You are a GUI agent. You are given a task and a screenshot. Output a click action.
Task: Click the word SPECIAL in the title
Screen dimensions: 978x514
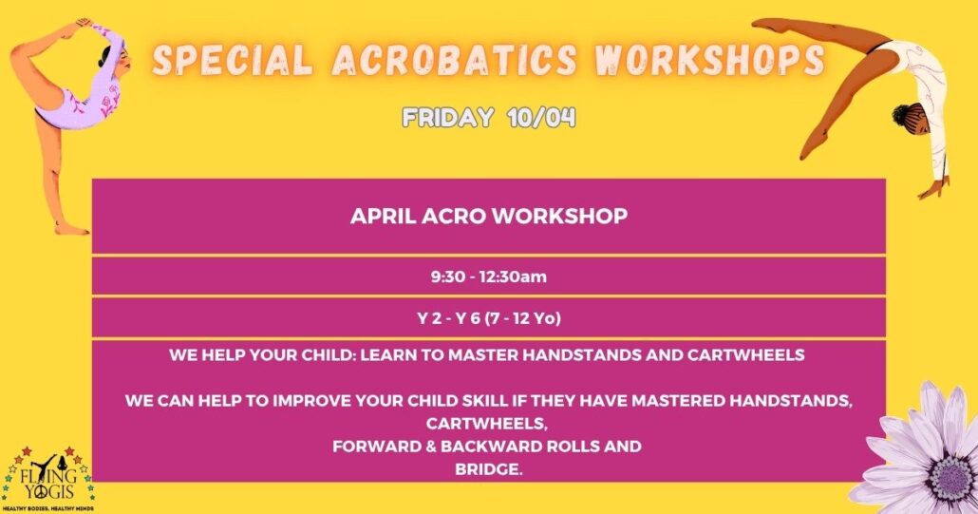(233, 61)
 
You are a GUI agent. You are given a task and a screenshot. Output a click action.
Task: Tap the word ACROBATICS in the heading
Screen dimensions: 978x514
(454, 61)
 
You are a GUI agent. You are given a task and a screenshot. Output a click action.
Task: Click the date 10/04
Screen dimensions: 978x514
(541, 117)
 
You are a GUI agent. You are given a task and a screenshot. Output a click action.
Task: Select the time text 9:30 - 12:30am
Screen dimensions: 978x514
(488, 276)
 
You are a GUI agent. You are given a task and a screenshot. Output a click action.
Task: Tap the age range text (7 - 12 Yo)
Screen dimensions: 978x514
(522, 318)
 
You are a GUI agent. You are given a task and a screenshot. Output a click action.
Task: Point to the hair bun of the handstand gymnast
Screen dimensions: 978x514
(901, 114)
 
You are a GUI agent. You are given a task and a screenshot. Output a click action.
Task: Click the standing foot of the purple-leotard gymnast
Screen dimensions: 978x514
(70, 229)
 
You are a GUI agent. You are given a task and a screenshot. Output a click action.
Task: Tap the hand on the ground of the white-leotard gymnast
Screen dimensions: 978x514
(932, 188)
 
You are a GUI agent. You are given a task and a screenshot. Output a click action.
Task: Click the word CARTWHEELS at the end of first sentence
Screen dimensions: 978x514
(746, 355)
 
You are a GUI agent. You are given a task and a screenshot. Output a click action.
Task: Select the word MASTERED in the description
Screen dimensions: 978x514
(679, 401)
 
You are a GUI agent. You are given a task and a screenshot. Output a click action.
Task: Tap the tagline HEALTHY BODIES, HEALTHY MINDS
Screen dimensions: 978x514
(48, 509)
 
